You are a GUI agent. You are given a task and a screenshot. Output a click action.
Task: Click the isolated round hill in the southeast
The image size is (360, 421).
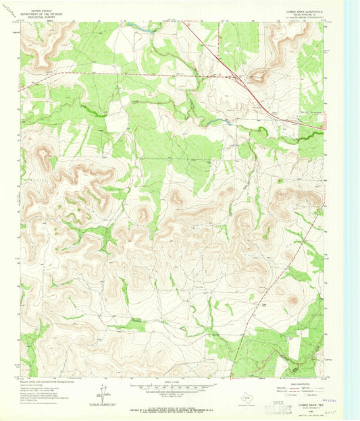292,301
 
